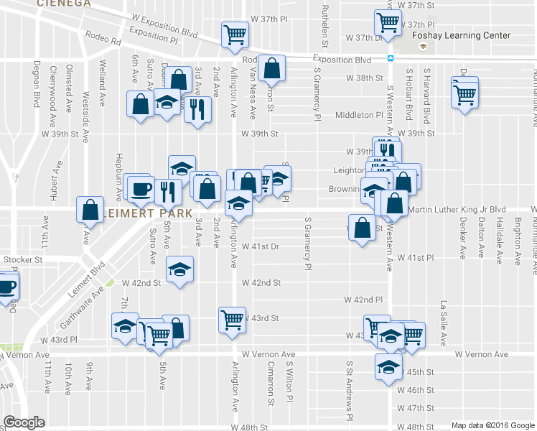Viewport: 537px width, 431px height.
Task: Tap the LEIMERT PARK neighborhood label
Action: click(x=146, y=213)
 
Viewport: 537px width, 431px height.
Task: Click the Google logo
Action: click(x=24, y=422)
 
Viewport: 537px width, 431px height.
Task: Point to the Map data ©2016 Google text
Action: click(x=492, y=425)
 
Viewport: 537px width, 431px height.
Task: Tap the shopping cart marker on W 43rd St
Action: click(x=232, y=320)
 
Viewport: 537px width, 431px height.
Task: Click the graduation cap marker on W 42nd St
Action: click(x=179, y=269)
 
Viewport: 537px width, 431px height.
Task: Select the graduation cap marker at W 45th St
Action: click(x=388, y=365)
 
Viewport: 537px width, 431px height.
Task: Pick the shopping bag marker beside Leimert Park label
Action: click(x=90, y=210)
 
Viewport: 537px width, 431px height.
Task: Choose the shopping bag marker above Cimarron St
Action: click(x=271, y=69)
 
